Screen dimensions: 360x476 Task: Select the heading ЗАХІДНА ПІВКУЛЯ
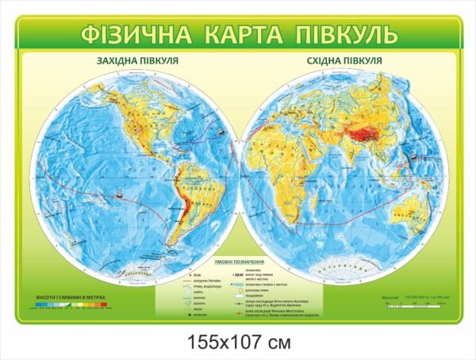(x=136, y=60)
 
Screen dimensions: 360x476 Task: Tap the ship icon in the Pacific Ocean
(x=118, y=193)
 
